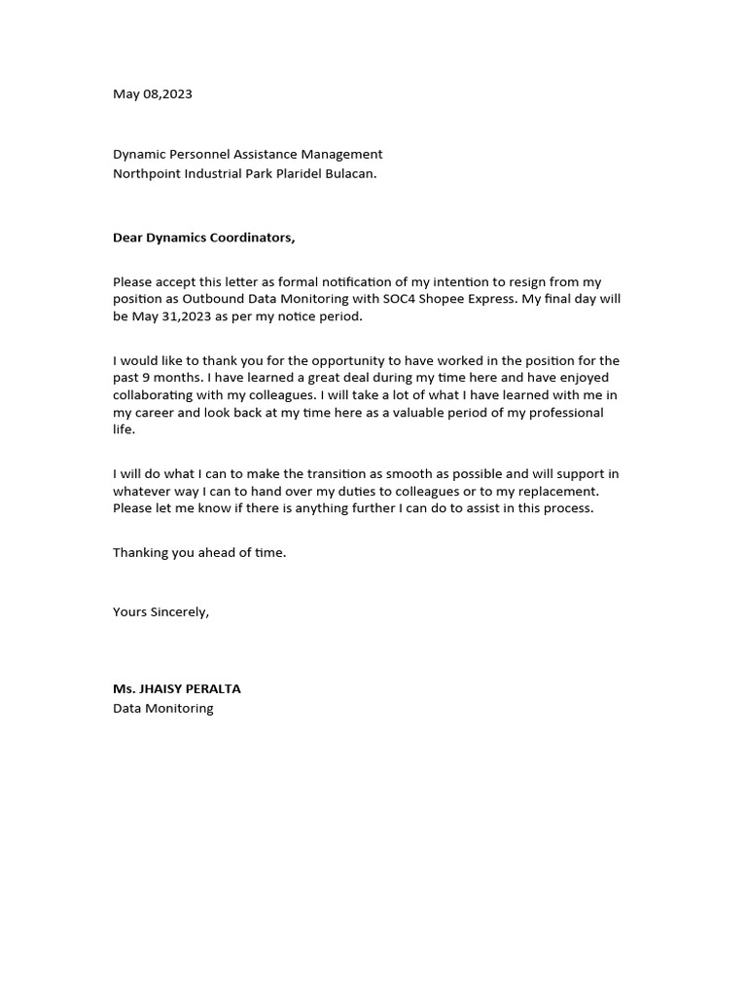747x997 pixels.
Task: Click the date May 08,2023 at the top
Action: pyautogui.click(x=153, y=94)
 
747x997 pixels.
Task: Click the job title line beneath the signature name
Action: pyautogui.click(x=162, y=708)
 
